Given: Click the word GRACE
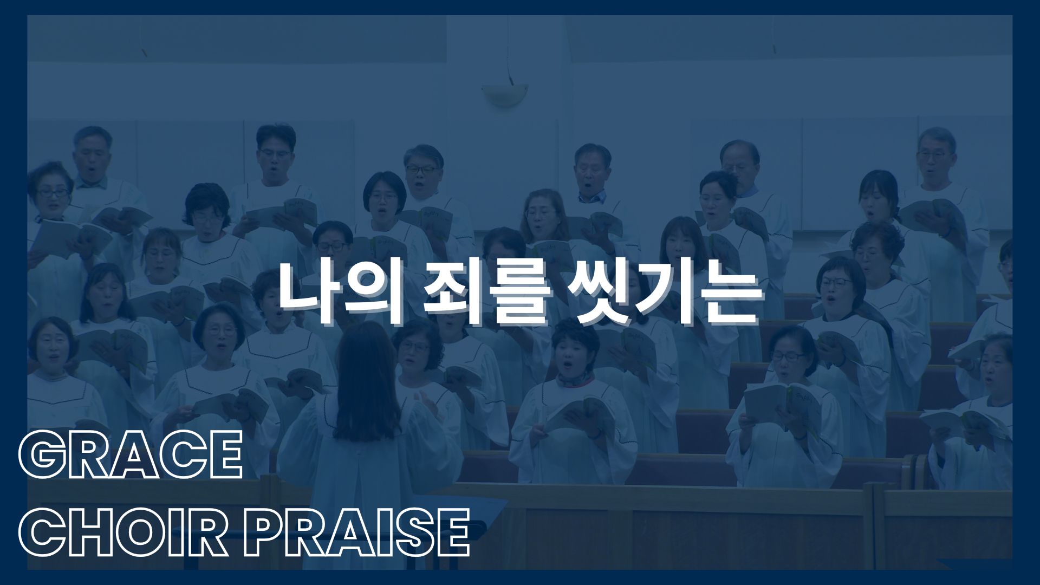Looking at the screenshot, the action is pyautogui.click(x=130, y=455).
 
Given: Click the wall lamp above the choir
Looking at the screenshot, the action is pyautogui.click(x=504, y=94).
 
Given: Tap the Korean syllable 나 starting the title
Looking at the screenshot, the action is pyautogui.click(x=309, y=295).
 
